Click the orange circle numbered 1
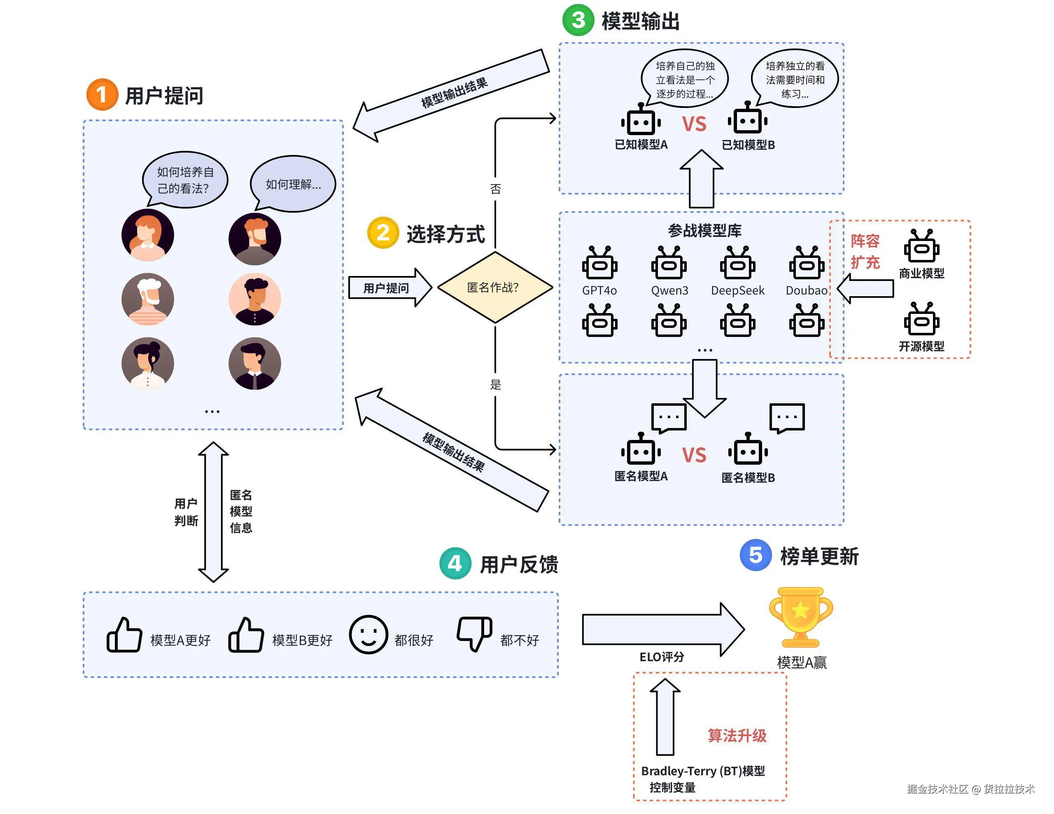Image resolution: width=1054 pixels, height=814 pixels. tap(102, 95)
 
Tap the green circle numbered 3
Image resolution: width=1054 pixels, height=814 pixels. tap(578, 20)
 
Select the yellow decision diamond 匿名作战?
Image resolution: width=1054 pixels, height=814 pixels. tap(494, 287)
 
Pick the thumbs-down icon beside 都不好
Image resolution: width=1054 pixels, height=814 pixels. tap(474, 633)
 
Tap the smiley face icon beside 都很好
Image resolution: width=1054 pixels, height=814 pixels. tap(368, 634)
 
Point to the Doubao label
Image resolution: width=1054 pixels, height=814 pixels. tap(806, 290)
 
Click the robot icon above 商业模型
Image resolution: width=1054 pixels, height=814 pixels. tap(921, 247)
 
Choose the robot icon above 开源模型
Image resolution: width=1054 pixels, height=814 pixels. tap(921, 320)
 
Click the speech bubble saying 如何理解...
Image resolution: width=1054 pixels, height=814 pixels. tap(293, 184)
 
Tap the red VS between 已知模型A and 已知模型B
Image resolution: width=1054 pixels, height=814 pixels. tap(694, 124)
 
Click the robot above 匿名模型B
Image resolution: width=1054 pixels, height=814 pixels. tap(748, 449)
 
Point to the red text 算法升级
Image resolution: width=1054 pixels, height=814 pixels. tap(737, 735)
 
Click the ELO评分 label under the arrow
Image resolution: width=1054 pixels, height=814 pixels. tap(662, 657)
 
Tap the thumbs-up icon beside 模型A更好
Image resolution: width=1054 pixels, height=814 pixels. tap(124, 635)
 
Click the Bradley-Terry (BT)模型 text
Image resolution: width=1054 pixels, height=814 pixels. tap(703, 771)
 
